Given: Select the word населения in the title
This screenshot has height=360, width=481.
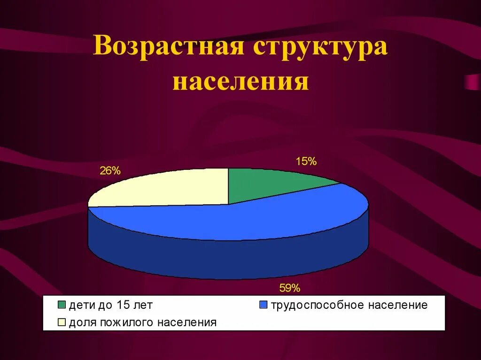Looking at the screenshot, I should pyautogui.click(x=240, y=81).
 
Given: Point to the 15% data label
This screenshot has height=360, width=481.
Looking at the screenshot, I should pyautogui.click(x=306, y=161).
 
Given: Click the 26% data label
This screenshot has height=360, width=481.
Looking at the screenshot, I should pyautogui.click(x=110, y=171).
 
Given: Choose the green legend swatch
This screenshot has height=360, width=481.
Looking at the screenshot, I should pyautogui.click(x=62, y=305).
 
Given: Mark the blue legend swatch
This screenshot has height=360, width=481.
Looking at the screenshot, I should pyautogui.click(x=263, y=305).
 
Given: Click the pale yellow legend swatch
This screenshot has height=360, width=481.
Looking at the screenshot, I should pyautogui.click(x=62, y=322).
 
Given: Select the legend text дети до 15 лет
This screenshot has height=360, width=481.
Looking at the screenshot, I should pyautogui.click(x=111, y=305).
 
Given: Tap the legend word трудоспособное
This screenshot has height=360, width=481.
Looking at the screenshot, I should pyautogui.click(x=317, y=305).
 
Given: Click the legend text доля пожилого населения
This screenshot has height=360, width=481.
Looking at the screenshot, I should pyautogui.click(x=143, y=322).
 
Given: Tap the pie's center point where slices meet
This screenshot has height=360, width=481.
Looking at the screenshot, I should pyautogui.click(x=228, y=204).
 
